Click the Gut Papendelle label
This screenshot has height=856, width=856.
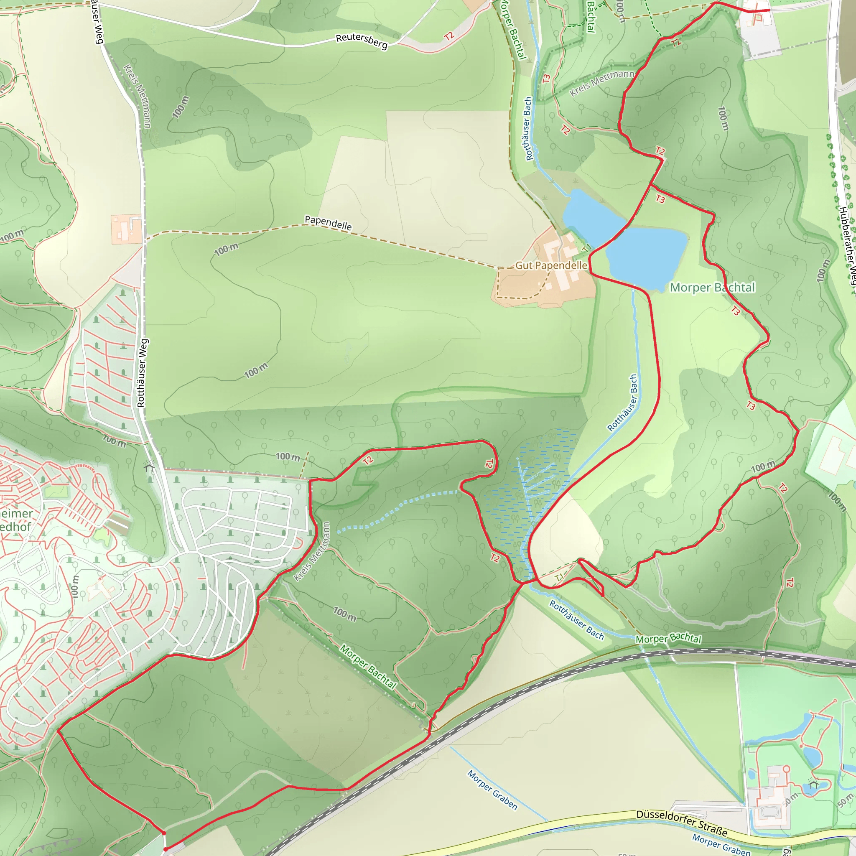click(551, 265)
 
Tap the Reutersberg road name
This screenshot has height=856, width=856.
click(362, 41)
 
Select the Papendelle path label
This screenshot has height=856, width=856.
click(328, 223)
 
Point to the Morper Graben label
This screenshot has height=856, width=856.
click(492, 790)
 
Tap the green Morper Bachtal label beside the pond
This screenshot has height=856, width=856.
click(712, 288)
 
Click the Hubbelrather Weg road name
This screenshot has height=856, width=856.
click(847, 248)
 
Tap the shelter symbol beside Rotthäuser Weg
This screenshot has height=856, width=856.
click(149, 466)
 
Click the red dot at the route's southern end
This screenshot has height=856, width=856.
click(165, 849)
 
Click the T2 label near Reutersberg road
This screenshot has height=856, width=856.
click(449, 36)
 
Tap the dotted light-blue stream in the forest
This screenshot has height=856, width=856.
click(399, 507)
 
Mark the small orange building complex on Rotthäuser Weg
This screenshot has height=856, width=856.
click(126, 229)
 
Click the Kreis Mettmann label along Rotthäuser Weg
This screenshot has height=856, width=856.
click(138, 96)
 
